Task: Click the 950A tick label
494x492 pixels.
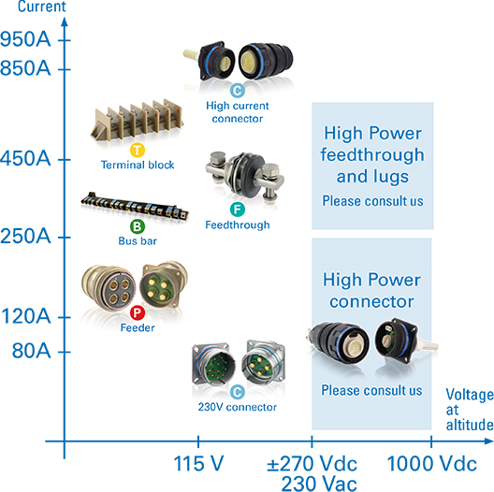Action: (25, 39)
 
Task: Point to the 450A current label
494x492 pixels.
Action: (25, 158)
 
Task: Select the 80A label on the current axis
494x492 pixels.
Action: (31, 350)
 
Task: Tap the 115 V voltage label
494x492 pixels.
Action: (198, 464)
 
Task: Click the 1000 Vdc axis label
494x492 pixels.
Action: (431, 464)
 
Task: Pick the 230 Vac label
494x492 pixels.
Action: (319, 484)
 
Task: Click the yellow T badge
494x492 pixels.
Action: (138, 150)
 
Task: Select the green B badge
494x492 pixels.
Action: (138, 226)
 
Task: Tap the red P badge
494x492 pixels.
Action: (138, 312)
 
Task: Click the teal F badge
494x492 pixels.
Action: (238, 210)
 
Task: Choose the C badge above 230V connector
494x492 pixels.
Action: (238, 392)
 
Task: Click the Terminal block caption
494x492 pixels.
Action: (138, 165)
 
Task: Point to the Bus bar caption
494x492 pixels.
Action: (138, 241)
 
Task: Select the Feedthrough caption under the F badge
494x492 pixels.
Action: (238, 224)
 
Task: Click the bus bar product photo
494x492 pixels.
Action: (135, 206)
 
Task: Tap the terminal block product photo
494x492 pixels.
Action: (137, 121)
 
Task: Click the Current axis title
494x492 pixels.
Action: (41, 7)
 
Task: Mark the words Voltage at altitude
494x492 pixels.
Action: (470, 410)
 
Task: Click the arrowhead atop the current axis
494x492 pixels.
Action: (65, 22)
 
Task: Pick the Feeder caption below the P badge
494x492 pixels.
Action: (138, 328)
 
